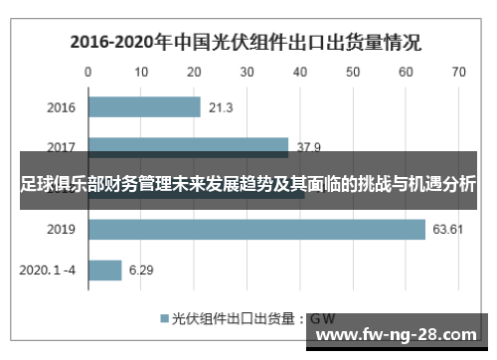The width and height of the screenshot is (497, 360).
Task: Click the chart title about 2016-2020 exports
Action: click(x=245, y=43)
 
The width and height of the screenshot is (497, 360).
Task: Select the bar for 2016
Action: click(x=144, y=107)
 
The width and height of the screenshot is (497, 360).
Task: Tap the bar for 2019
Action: click(x=256, y=230)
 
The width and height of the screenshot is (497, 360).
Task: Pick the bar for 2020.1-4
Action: click(x=104, y=270)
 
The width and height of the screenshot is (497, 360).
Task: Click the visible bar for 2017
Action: click(x=188, y=145)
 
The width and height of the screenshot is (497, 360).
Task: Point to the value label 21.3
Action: click(x=221, y=107)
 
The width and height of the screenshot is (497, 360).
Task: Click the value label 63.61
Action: click(x=448, y=230)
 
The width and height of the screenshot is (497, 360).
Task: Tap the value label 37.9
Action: click(x=308, y=147)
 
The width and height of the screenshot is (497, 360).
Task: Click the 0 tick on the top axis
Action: click(x=88, y=72)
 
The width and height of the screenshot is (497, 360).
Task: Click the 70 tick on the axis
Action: click(x=458, y=72)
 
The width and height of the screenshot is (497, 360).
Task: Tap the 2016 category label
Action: click(x=61, y=107)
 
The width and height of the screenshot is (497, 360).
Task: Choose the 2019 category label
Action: click(x=61, y=230)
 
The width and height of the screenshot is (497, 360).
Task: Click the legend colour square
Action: click(x=164, y=319)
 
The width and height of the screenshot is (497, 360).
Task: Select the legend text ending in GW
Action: click(x=253, y=319)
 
